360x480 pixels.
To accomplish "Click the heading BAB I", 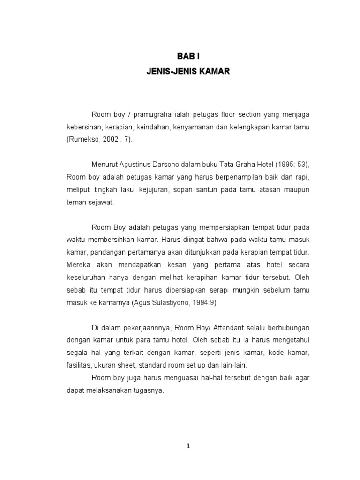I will [187, 56].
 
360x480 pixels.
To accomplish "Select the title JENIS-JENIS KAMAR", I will [187, 73].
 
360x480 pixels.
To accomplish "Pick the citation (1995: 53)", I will [292, 165].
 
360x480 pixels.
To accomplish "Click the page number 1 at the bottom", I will [188, 447].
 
